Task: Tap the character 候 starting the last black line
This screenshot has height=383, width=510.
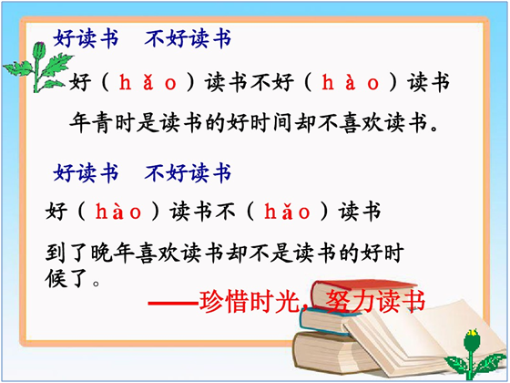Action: point(56,278)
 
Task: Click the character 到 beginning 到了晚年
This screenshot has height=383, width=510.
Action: point(56,253)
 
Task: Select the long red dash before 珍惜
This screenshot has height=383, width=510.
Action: point(173,304)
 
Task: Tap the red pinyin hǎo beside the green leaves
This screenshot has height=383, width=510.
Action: point(148,82)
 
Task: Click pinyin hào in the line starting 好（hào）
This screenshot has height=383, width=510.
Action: point(118,212)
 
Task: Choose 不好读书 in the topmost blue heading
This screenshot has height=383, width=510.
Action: point(188,38)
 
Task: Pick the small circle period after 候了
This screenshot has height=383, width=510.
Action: point(96,283)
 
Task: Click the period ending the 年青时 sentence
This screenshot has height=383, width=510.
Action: point(433,129)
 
